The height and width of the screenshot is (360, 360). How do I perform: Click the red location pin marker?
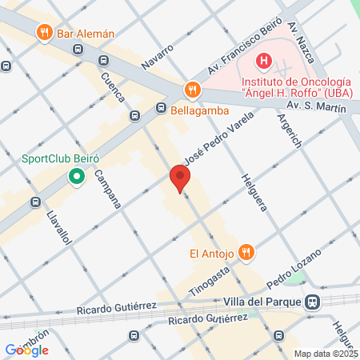point(180,178)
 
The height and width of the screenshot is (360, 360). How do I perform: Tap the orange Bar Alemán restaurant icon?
point(43,34)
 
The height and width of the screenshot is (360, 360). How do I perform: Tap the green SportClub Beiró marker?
point(77,175)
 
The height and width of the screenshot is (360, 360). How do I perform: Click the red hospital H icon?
point(263,60)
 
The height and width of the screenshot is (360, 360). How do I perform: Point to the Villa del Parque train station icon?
point(314,302)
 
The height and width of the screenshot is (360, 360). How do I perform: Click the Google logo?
point(27,350)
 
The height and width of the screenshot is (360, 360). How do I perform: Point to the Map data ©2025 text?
point(326,354)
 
